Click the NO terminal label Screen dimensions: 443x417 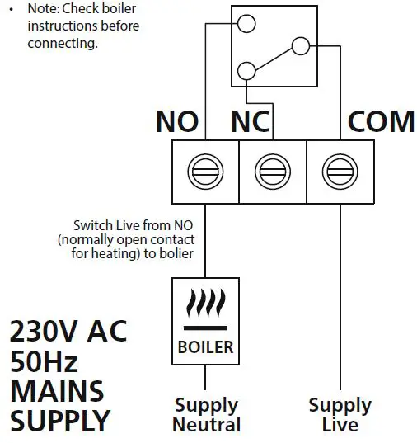point(177,121)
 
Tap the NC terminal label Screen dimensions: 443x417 point(251,121)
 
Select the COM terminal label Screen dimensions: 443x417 point(381,121)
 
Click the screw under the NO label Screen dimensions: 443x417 point(203,172)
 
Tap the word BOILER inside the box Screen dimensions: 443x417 point(205,346)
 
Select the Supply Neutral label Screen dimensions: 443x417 point(206,415)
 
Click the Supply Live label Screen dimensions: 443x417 point(340,415)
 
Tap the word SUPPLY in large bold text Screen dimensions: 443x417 point(59,422)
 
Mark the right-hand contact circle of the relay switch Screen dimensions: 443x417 point(300,45)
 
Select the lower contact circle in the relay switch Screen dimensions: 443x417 point(246,70)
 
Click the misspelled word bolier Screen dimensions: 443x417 point(177,253)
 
